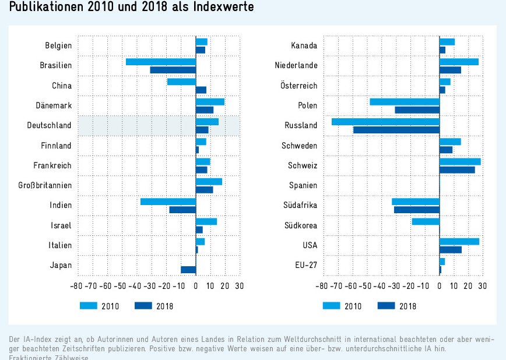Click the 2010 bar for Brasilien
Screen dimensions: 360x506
coord(161,62)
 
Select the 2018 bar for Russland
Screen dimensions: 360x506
coord(396,129)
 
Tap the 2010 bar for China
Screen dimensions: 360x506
coord(181,82)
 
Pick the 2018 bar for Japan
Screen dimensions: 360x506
coord(188,270)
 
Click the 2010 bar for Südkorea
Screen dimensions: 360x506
coord(426,221)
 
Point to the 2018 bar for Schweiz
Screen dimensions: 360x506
coord(457,170)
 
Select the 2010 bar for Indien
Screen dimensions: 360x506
coord(168,202)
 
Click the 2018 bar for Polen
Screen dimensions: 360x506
coord(417,110)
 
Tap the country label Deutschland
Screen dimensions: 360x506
coord(50,126)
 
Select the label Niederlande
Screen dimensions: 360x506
coord(296,66)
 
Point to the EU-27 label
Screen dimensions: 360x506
coord(305,266)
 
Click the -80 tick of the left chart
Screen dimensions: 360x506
coord(76,286)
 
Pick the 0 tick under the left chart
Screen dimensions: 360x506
coord(196,286)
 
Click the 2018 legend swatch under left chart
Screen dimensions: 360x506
coord(143,305)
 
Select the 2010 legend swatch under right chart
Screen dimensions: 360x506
coord(331,305)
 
